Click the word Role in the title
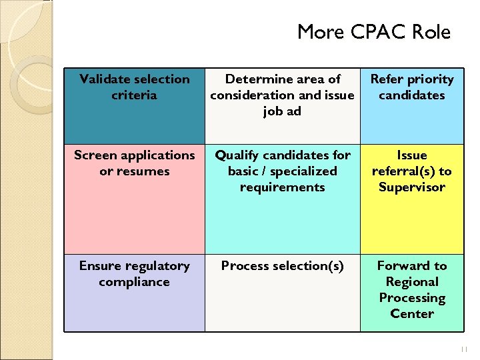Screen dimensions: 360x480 coord(431,32)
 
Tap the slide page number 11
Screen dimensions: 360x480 coord(465,349)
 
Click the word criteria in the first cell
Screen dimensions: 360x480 coord(135,95)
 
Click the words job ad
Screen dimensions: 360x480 coord(282,111)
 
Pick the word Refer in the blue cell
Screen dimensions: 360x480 coord(387,79)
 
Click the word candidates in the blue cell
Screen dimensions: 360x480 coord(411,95)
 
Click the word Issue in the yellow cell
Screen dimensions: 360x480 coord(411,155)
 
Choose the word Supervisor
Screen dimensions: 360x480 coord(411,187)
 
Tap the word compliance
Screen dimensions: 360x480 coord(135,282)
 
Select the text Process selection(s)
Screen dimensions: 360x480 coord(282,266)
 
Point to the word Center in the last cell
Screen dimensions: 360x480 coord(411,314)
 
